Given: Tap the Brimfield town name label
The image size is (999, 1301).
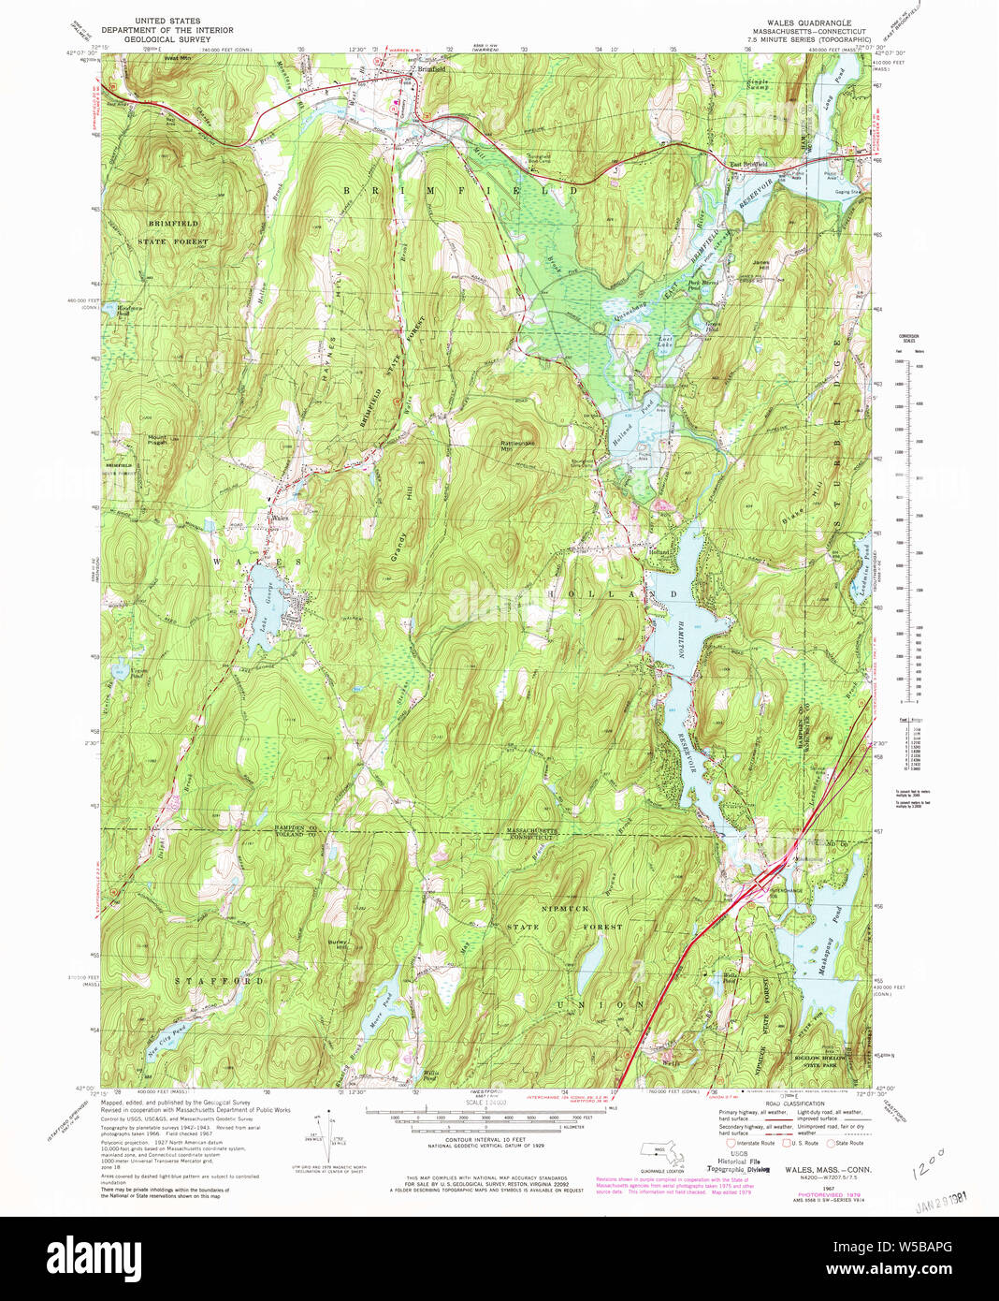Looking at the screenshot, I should pyautogui.click(x=431, y=69).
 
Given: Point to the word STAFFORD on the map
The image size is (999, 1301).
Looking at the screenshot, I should pyautogui.click(x=220, y=980).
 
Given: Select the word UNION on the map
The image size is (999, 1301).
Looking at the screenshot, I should pyautogui.click(x=600, y=1004).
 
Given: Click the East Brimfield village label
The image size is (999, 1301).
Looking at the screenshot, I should pyautogui.click(x=748, y=165).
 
